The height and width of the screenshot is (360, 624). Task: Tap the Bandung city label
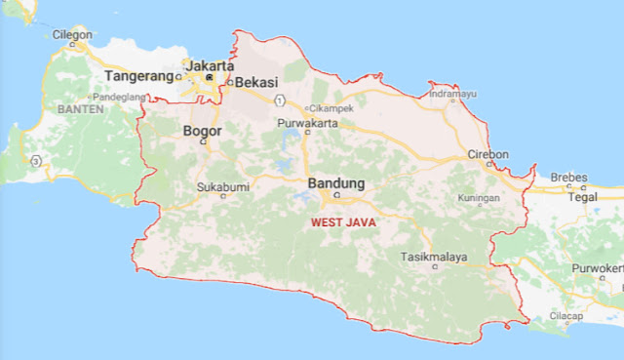click(335, 183)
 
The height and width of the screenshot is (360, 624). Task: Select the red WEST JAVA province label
click(343, 222)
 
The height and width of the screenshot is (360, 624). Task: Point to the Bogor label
click(203, 130)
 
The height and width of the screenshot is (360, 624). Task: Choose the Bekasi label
click(258, 83)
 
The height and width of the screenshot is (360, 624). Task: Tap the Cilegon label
click(71, 34)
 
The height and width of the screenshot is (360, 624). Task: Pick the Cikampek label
click(334, 108)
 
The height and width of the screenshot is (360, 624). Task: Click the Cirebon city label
click(487, 154)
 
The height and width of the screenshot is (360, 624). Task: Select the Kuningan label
click(479, 198)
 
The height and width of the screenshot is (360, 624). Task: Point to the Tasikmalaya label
click(434, 258)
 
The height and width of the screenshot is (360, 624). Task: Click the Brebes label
click(568, 178)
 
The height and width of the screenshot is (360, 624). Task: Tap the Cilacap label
click(565, 316)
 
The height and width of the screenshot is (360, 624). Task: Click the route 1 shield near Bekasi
click(280, 100)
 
